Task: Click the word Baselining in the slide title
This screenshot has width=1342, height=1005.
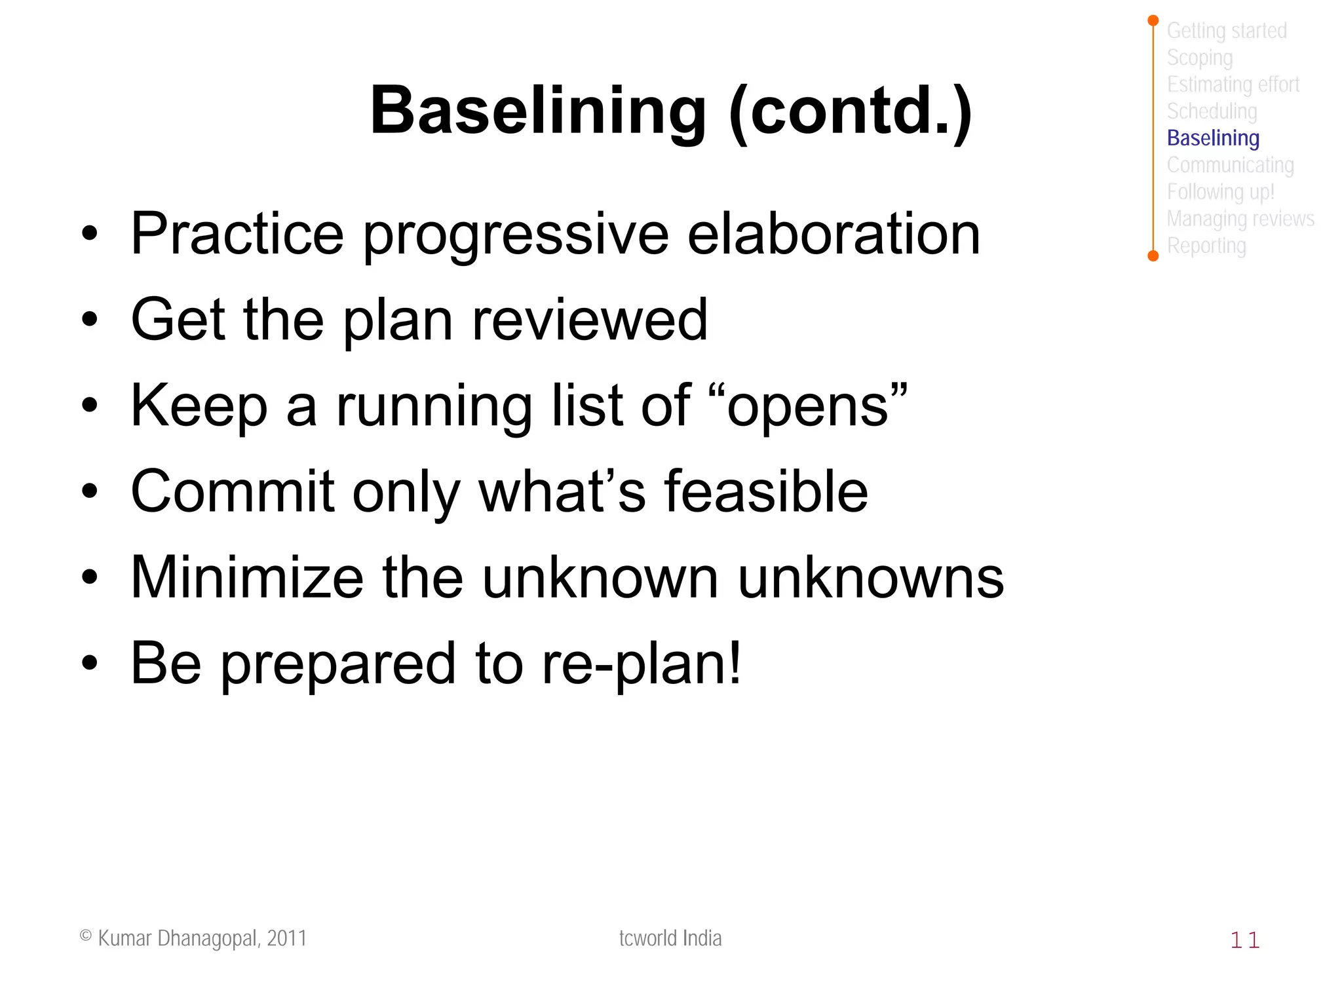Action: tap(537, 111)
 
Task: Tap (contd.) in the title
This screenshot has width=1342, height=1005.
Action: tap(850, 111)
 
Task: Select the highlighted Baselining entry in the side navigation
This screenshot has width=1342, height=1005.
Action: tap(1213, 138)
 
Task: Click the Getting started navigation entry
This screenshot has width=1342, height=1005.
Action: tap(1227, 31)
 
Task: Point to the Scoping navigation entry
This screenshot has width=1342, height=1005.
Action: tap(1199, 58)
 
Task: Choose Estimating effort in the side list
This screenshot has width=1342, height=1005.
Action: tap(1233, 85)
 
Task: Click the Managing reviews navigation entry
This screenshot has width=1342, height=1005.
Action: tap(1240, 219)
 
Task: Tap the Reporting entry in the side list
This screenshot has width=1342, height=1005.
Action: tap(1206, 246)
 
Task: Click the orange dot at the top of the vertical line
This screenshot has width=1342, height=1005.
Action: tap(1153, 20)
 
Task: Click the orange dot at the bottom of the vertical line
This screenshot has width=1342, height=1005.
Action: tap(1153, 256)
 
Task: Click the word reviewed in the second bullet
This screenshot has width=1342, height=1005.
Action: tap(590, 320)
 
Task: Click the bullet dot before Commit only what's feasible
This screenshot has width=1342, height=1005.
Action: tap(90, 491)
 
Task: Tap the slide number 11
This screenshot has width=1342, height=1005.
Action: tap(1244, 941)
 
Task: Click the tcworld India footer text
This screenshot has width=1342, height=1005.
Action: tap(670, 938)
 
